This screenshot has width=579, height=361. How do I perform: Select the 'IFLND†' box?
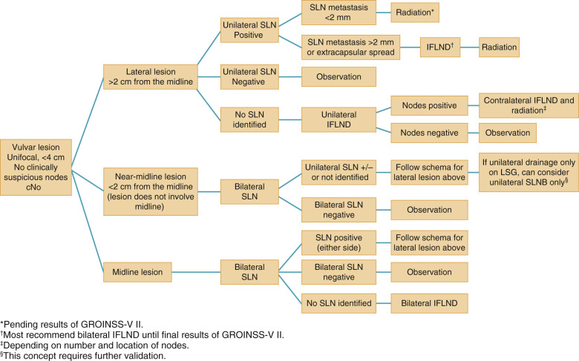pyautogui.click(x=441, y=49)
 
